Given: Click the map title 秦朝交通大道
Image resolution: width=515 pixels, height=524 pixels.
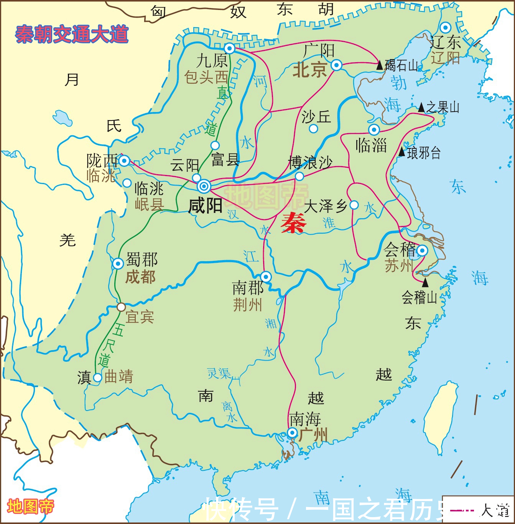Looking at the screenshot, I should pos(72,35).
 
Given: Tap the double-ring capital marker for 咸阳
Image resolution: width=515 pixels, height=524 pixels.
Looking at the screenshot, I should pos(204,186).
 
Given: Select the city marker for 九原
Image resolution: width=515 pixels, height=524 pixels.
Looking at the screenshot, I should pos(229,48).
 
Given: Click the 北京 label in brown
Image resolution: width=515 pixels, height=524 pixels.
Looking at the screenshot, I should pos(309,70).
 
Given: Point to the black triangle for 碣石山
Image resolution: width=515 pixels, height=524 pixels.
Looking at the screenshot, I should pos(380,65).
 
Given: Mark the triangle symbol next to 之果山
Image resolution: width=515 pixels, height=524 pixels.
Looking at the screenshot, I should pos(421,107).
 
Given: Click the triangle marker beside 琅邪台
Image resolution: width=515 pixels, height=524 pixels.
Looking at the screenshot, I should pos(401,152).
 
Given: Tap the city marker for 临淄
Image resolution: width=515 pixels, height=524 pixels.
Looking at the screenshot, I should pos(374,129).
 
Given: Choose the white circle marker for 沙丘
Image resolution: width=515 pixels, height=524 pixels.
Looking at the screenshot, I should pos(313,129).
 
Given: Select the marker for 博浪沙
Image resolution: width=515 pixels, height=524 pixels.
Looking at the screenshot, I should pos(299,176).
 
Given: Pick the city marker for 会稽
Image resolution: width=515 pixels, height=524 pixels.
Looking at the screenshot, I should pos(422,250).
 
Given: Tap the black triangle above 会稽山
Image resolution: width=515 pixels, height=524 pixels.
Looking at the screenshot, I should pos(425,283).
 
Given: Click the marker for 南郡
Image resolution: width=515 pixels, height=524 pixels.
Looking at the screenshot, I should pos(265,277).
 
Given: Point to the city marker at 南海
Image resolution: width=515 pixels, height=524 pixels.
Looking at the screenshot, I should pos(292,433).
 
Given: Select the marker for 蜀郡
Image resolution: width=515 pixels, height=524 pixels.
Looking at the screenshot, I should pos(118,264).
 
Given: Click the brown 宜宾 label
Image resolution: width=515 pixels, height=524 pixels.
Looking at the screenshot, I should pos(140,317).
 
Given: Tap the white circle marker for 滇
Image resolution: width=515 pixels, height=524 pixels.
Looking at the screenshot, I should pos(97,377).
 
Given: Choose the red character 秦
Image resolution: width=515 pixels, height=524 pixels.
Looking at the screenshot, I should pos(293,223).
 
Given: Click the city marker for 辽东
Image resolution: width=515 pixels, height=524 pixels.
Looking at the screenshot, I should pos(445,28).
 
